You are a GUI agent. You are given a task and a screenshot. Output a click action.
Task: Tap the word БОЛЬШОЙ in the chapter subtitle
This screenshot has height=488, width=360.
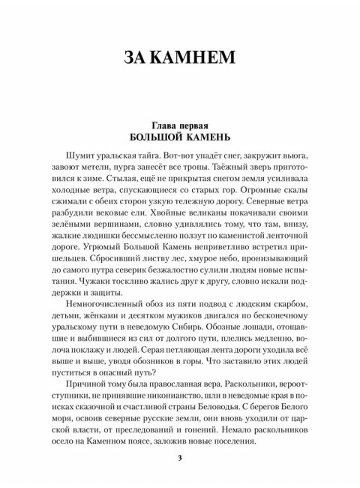(155, 138)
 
